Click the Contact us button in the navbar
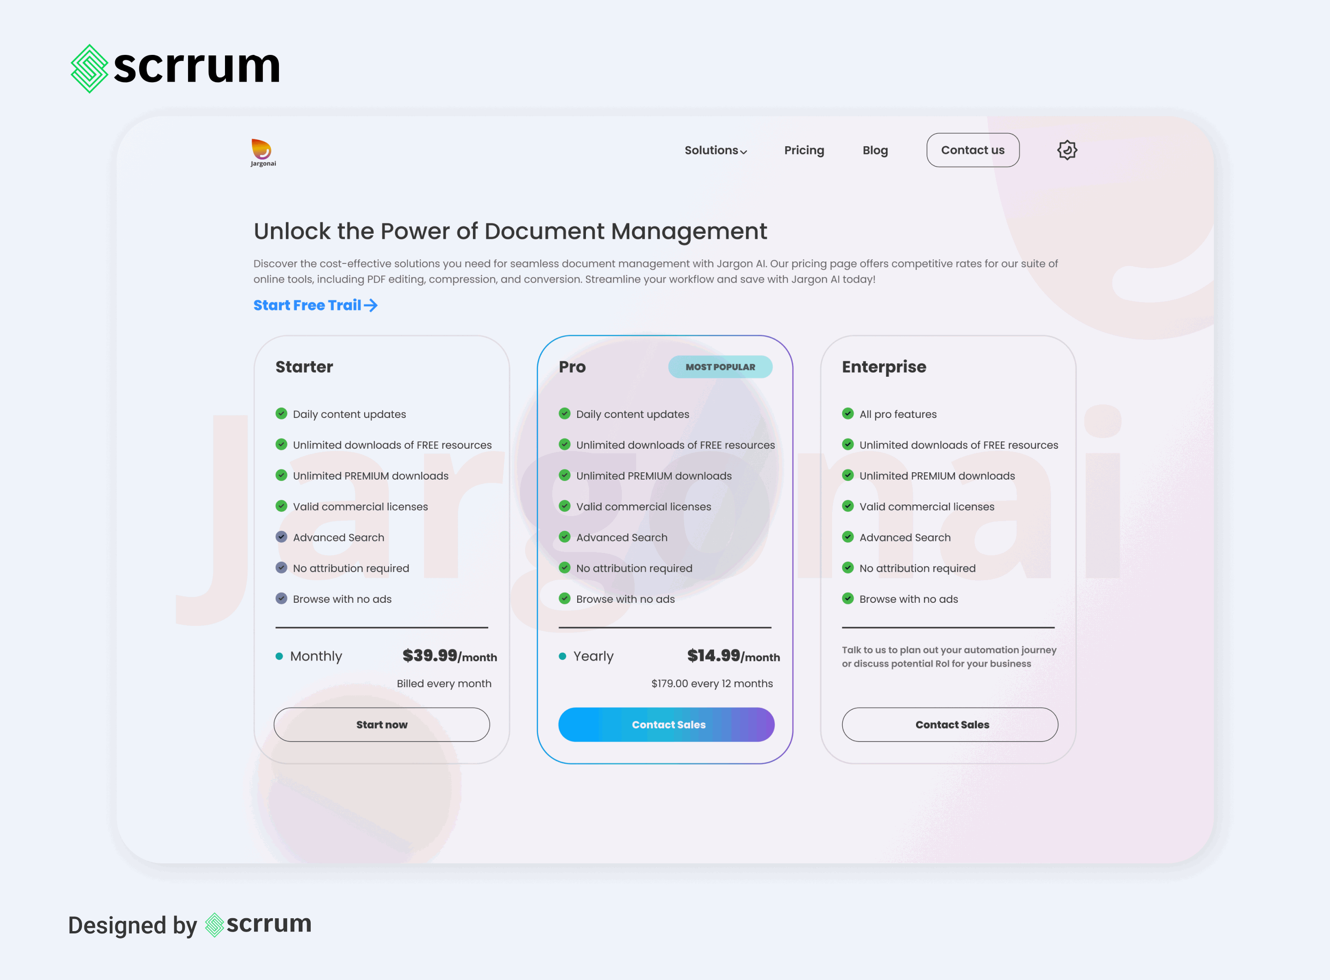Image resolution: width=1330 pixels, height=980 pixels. point(972,150)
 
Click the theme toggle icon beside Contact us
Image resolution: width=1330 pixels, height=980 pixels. point(1067,150)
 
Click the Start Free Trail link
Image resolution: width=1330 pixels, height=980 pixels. point(315,305)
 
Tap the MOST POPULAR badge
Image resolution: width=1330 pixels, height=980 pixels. point(720,367)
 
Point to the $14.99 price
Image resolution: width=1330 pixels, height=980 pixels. point(713,655)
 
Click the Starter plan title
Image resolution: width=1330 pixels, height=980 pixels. point(304,367)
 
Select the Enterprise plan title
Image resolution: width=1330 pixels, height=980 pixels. point(883,367)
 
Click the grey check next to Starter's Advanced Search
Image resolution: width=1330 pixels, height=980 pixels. point(282,537)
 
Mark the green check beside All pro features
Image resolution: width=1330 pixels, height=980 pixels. point(848,414)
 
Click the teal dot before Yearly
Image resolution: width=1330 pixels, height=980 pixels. point(562,656)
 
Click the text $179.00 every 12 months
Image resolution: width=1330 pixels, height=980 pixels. point(711,683)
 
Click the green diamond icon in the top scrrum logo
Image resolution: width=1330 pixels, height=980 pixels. point(89,69)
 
